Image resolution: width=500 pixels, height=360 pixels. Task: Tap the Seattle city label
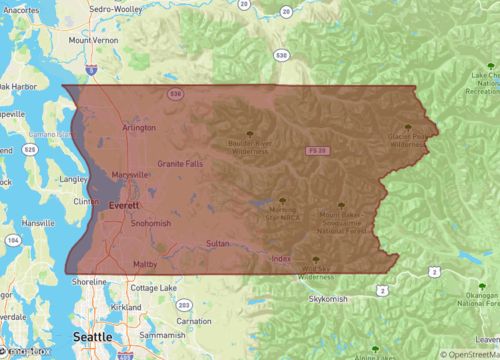[x=91, y=338]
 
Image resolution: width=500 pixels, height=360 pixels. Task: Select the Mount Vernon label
[x=93, y=40]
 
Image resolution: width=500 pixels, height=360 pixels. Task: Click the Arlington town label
[x=139, y=128]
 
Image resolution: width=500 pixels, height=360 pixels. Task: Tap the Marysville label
[x=131, y=175]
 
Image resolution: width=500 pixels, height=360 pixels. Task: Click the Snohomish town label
[x=151, y=223]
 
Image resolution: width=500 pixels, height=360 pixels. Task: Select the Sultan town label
[x=218, y=244]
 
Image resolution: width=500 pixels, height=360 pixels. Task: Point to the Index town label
[x=281, y=259]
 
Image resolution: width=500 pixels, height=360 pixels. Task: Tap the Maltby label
[x=146, y=264]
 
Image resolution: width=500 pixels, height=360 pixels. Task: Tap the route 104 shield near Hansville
[x=12, y=241]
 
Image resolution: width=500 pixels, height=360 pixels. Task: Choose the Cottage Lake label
[x=152, y=287]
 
